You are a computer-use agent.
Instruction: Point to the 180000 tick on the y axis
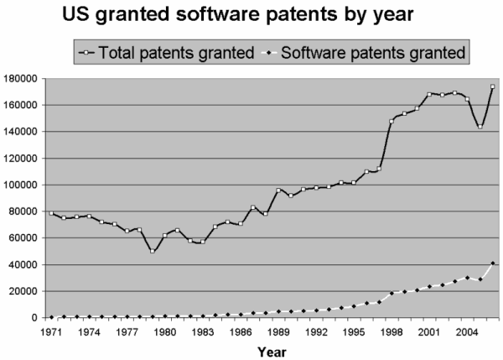click(x=23, y=78)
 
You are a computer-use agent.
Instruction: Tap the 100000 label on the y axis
click(x=23, y=185)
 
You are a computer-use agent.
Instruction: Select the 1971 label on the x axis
click(x=51, y=331)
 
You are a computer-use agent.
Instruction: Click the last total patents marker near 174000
click(x=492, y=86)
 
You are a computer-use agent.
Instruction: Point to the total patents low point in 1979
click(x=152, y=251)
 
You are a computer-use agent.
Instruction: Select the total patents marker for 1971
click(x=51, y=213)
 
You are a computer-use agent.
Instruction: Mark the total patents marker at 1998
click(x=392, y=121)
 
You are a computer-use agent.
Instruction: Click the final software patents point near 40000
click(x=492, y=263)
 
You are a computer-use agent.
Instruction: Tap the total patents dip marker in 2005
click(x=480, y=127)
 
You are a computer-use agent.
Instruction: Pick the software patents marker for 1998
click(x=392, y=294)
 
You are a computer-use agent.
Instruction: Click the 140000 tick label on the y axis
click(x=23, y=132)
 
